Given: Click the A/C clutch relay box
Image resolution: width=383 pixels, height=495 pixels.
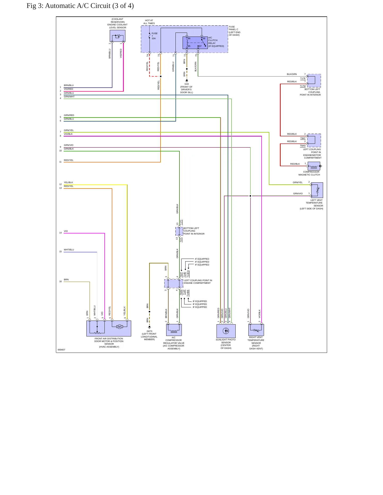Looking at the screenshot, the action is pyautogui.click(x=195, y=43).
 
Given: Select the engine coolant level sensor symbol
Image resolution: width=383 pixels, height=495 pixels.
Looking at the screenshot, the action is pyautogui.click(x=117, y=36).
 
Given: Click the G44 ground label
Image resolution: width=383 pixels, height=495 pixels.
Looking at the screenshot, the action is pyautogui.click(x=187, y=84).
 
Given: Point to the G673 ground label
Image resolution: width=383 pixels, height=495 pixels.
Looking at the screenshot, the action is pyautogui.click(x=149, y=331).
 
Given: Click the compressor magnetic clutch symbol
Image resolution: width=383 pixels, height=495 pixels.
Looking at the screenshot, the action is pyautogui.click(x=314, y=166).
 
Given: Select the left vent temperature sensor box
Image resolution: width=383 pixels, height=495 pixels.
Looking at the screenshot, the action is pyautogui.click(x=317, y=190).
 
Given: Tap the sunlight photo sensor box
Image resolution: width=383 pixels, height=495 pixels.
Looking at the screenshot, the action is pyautogui.click(x=226, y=331).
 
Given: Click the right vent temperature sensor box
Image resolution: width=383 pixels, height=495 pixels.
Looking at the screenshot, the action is pyautogui.click(x=256, y=330).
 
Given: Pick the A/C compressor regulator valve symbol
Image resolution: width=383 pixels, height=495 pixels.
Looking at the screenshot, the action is pyautogui.click(x=174, y=330).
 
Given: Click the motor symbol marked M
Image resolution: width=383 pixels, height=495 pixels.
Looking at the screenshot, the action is pyautogui.click(x=120, y=327).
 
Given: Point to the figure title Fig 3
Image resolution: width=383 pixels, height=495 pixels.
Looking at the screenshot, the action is pyautogui.click(x=80, y=6).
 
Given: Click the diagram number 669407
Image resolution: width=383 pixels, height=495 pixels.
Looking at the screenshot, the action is pyautogui.click(x=61, y=350).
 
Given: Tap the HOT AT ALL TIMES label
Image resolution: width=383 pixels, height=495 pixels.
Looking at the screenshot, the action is pyautogui.click(x=149, y=22).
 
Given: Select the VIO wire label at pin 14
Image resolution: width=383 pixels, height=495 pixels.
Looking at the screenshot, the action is pyautogui.click(x=66, y=231).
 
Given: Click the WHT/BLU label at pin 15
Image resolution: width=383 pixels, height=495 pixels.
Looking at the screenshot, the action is pyautogui.click(x=69, y=250).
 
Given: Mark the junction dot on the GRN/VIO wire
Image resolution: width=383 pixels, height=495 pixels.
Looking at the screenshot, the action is pyautogui.click(x=250, y=196).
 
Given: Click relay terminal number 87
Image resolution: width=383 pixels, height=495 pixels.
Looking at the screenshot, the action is pyautogui.click(x=200, y=46).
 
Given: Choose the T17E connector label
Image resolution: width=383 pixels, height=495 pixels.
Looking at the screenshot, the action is pyautogui.click(x=303, y=78).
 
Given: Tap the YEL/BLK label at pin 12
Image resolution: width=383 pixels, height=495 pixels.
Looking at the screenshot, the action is pyautogui.click(x=68, y=182).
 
